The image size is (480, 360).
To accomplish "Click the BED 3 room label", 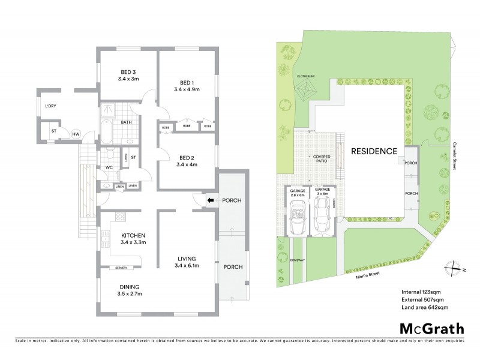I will click(x=128, y=71).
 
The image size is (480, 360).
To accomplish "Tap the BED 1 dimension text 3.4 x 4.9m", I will click(x=186, y=91).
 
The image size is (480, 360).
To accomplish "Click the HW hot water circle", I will click(x=76, y=133).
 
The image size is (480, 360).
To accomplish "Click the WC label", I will click(x=109, y=167).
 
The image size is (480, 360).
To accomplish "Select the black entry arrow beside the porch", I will click(x=210, y=200).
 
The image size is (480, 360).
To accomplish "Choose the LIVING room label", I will click(x=186, y=257).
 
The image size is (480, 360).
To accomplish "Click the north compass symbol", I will click(x=455, y=268).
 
